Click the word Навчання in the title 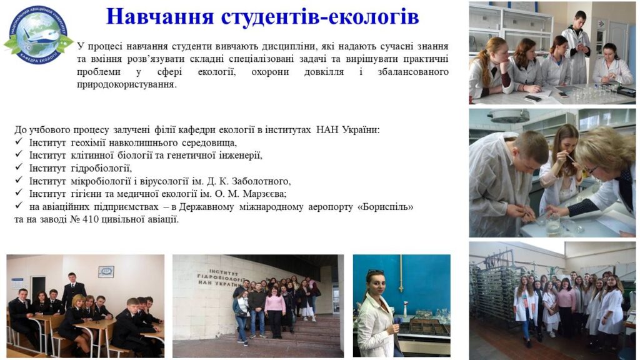pos(160,17)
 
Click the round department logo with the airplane pos(38,35)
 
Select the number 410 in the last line pos(90,219)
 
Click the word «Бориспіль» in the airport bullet pos(385,207)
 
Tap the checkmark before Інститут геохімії pos(19,142)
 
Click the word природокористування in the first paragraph pos(127,85)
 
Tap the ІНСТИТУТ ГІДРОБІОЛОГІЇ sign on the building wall pos(221,278)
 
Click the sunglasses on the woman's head pos(374,271)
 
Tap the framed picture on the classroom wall pos(106,272)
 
